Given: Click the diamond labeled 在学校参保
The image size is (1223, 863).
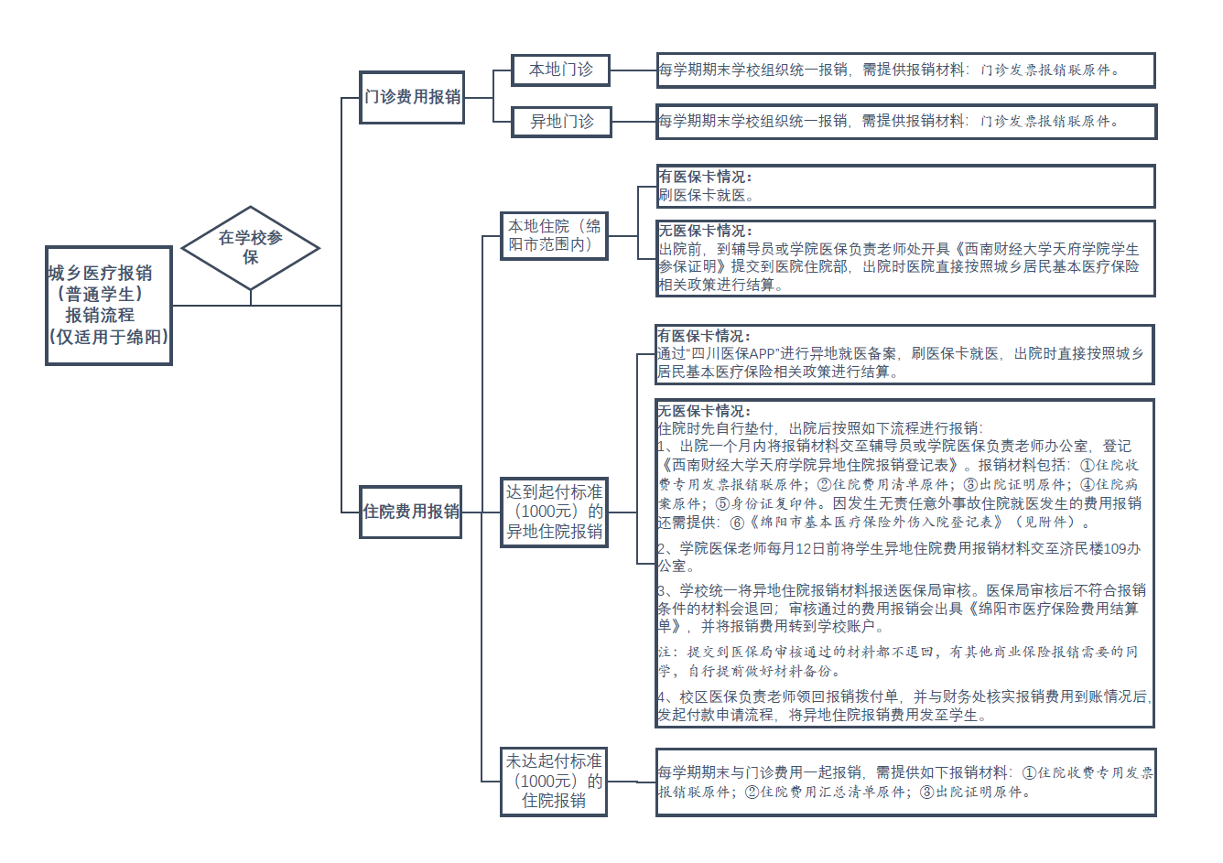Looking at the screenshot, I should coord(250,247).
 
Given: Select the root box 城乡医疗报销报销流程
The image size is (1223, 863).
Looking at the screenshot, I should coord(109,305).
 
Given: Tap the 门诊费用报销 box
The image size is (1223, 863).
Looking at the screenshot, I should coord(412,97).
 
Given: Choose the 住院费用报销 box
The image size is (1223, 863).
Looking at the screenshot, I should coord(411,512).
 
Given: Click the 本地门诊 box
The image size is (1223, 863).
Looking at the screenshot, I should coord(560,70).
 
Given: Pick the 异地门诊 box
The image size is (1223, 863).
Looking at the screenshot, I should coord(561,121).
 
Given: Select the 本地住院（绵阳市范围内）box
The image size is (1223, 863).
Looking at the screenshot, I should coord(554,235).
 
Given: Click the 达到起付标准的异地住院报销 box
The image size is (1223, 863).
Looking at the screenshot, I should coord(554,512).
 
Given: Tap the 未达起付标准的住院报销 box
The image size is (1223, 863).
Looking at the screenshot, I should coord(554,781).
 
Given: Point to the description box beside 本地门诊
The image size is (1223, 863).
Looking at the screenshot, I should coord(905,70).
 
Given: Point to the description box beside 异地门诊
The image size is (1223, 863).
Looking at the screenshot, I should coord(906,121).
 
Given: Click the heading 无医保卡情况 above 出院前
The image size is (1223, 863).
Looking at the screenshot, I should coord(705,231).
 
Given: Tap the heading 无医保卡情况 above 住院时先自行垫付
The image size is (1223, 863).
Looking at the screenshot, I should coord(704,411).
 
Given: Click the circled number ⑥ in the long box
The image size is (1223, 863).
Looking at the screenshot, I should coord(737,523).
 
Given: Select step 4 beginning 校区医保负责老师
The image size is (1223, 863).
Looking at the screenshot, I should coord(902,706).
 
